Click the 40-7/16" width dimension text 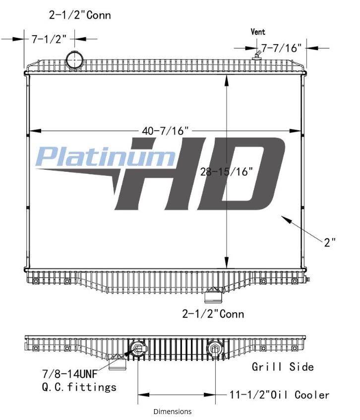(165, 131)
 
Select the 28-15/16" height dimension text (226, 171)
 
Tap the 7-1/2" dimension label (49, 39)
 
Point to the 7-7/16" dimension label (281, 48)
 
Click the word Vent (258, 32)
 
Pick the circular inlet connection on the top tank (74, 60)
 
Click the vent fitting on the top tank (256, 55)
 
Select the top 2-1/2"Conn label (80, 15)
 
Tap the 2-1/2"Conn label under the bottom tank (213, 314)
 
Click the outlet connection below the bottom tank (213, 296)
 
